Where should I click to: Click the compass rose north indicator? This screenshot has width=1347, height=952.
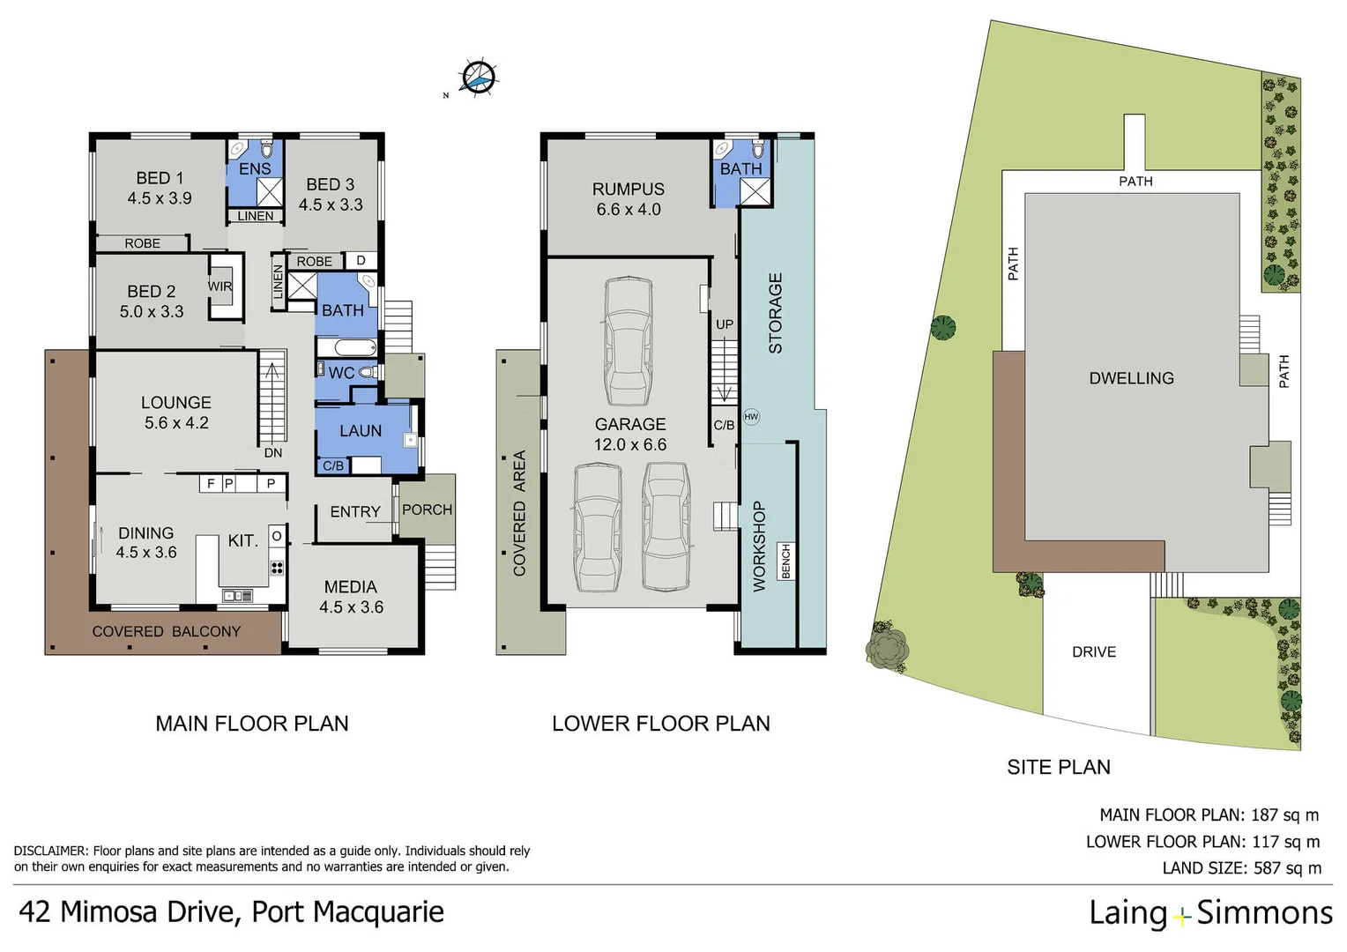[478, 78]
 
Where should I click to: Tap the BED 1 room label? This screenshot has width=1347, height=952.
[160, 178]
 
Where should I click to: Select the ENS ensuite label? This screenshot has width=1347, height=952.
[255, 168]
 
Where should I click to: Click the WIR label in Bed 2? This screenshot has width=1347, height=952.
[220, 286]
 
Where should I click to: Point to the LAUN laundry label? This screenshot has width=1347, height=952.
[361, 431]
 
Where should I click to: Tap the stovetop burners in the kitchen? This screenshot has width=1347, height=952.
[277, 568]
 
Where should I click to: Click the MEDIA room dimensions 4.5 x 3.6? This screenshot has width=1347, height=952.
[351, 607]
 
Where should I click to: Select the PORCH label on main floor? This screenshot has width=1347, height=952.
[427, 509]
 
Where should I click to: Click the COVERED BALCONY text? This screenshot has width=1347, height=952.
[166, 631]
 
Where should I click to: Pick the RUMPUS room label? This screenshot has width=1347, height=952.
[628, 189]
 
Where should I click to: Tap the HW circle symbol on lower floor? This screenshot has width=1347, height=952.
[751, 417]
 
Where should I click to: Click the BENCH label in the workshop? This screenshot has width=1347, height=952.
[786, 562]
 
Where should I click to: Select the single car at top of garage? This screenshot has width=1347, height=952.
[628, 342]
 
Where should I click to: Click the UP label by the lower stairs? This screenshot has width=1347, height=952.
[725, 324]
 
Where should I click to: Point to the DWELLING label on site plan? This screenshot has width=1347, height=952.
[1131, 378]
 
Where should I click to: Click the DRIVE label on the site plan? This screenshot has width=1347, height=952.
[1093, 652]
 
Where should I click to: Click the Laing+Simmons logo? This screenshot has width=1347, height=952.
[1210, 913]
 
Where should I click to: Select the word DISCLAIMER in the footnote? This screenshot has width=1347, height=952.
[50, 852]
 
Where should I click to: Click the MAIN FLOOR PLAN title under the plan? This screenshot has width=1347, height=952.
[252, 724]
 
